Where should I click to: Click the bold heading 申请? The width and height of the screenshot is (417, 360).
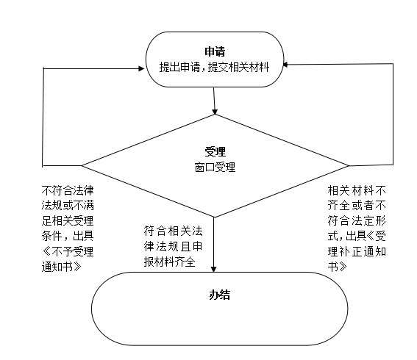[x=215, y=51]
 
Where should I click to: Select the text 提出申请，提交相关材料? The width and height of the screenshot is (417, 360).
[x=214, y=67]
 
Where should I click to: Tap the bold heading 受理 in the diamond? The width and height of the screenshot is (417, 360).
[x=215, y=151]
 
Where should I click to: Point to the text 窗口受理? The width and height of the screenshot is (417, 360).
[x=215, y=168]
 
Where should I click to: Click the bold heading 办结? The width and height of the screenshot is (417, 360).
[x=219, y=295]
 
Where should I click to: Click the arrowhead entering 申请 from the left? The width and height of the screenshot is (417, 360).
[x=141, y=68]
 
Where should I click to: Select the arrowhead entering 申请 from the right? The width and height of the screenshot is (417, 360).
[x=285, y=65]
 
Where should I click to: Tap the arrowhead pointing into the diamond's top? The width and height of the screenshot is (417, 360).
[x=215, y=112]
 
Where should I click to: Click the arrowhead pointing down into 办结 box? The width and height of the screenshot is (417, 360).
[x=213, y=269]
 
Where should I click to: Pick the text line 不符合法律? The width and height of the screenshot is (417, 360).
[x=68, y=190]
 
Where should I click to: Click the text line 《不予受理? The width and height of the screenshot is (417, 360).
[x=68, y=251]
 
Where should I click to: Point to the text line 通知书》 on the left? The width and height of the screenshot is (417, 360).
[x=62, y=267]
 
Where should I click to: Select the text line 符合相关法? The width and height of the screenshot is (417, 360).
[x=173, y=231]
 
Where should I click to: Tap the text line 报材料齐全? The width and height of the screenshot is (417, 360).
[x=170, y=262]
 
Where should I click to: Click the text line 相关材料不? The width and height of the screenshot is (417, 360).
[x=357, y=190]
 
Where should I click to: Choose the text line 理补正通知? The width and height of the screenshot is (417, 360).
[x=357, y=251]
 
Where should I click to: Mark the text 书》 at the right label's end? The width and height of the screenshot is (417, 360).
[x=338, y=267]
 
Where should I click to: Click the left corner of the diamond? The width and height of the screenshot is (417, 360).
[x=82, y=165]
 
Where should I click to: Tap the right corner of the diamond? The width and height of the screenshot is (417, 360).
[x=349, y=165]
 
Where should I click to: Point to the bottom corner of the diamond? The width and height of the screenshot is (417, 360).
[x=214, y=217]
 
